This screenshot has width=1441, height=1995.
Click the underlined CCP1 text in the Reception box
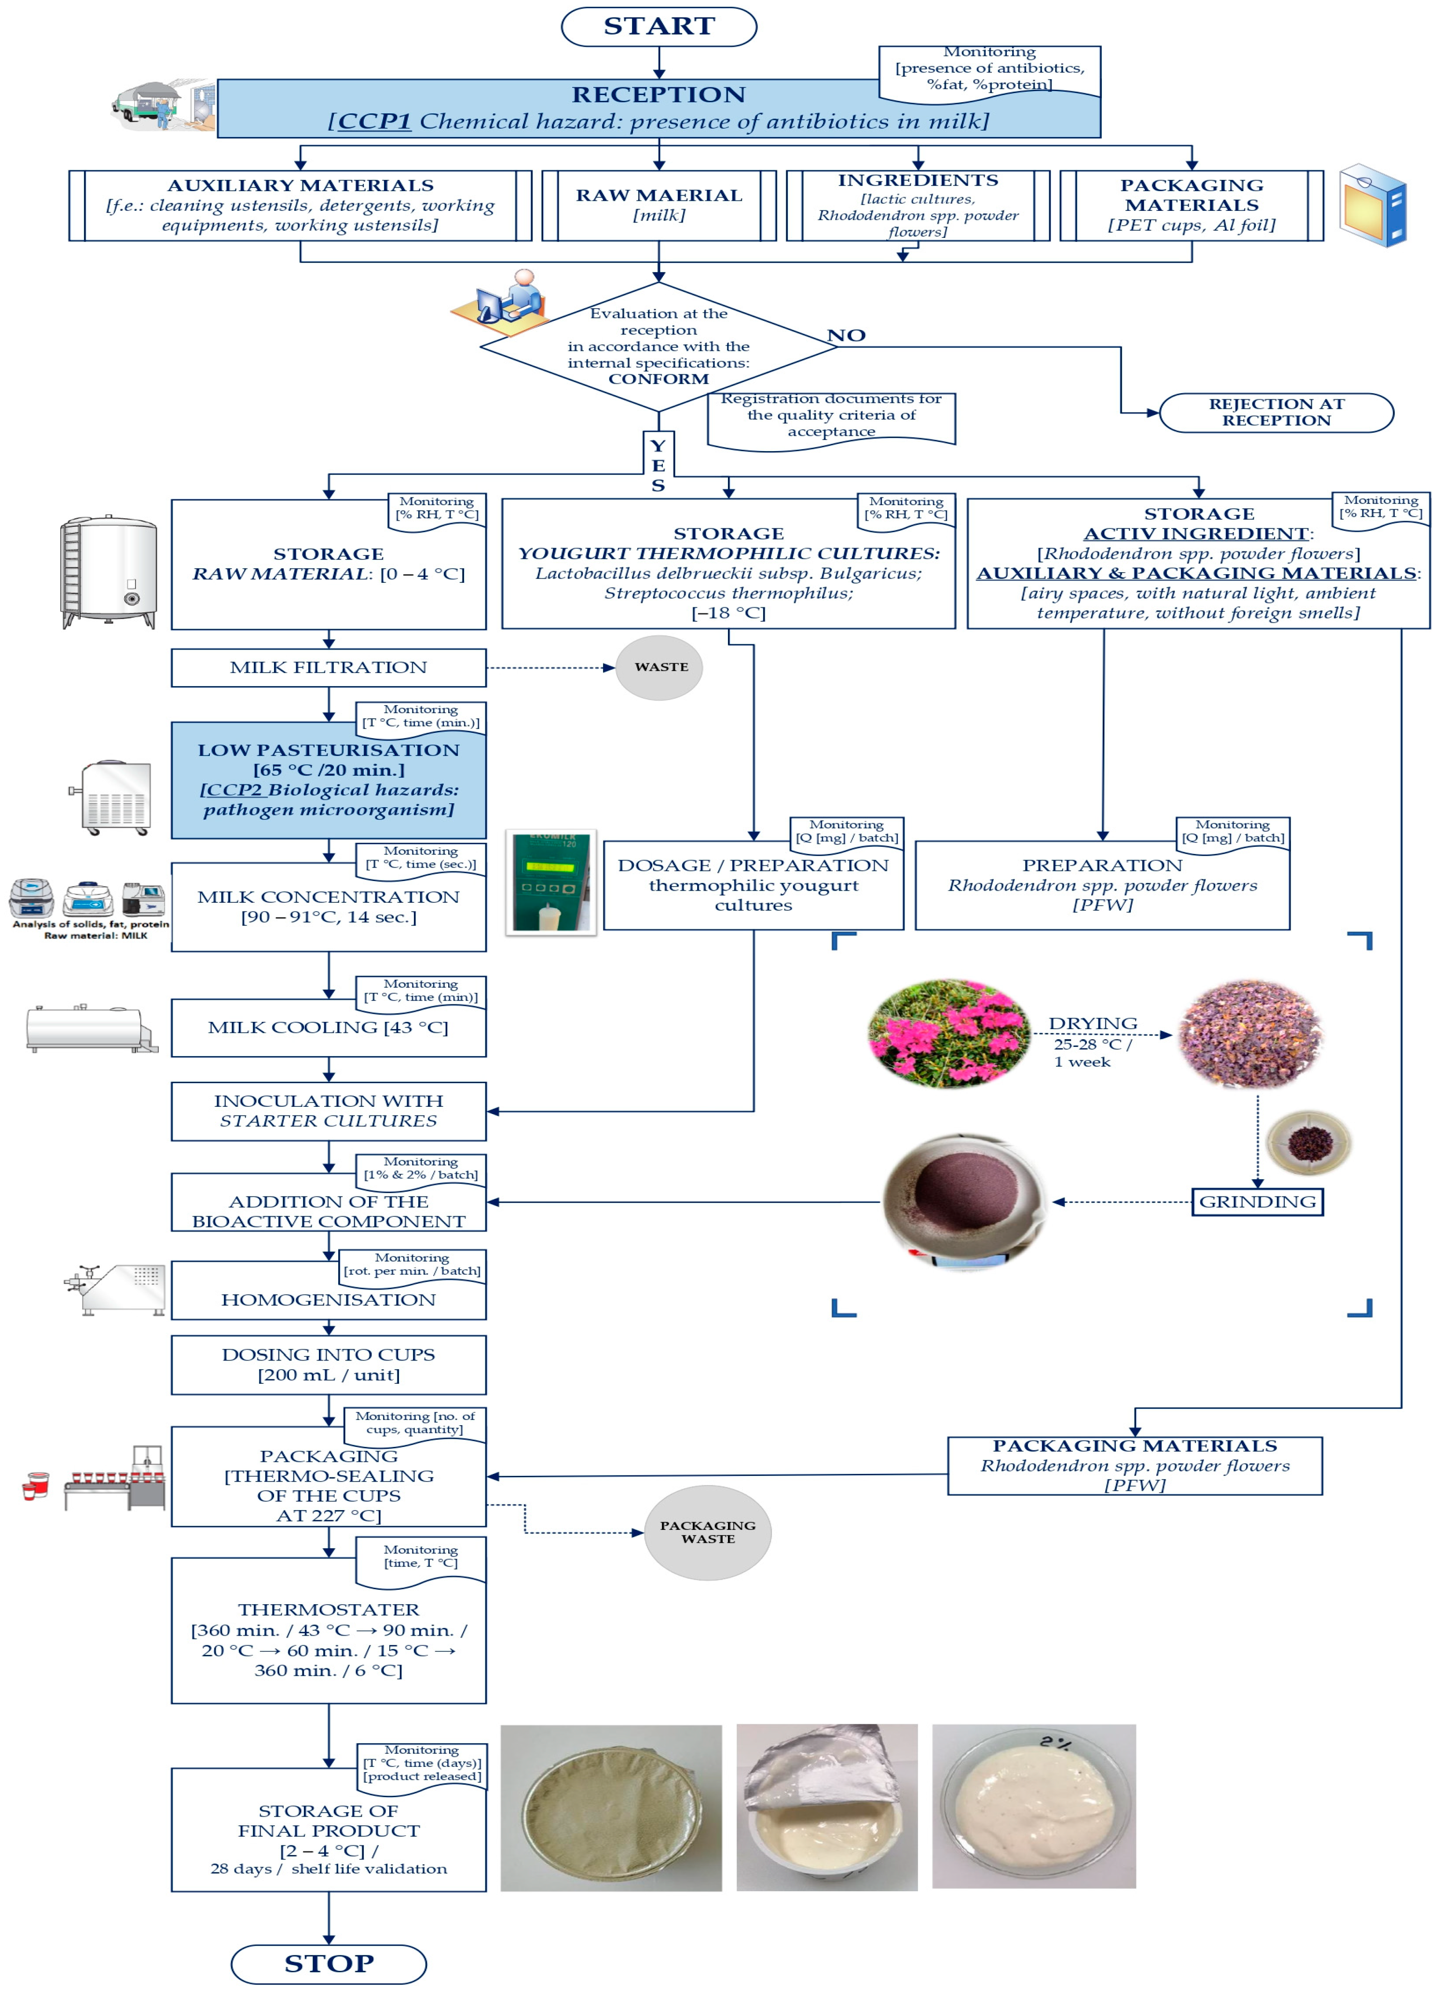tap(374, 122)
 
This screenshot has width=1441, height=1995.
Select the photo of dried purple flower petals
tap(1250, 1033)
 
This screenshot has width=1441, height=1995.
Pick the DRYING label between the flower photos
tap(1093, 1023)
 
